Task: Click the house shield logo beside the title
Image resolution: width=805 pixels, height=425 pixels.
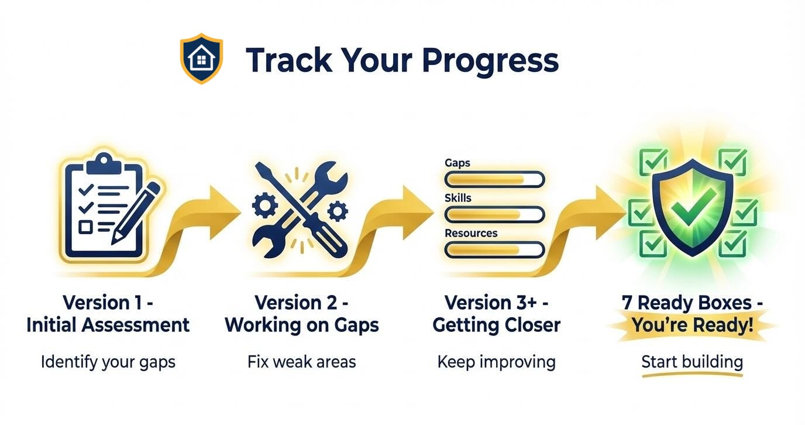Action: click(201, 59)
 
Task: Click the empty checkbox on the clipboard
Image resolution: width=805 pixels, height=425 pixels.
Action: click(85, 226)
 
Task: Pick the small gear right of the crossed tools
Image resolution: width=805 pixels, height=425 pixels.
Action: click(338, 210)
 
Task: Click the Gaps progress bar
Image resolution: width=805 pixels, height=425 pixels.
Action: click(494, 179)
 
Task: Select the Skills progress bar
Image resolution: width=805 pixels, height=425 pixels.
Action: click(494, 214)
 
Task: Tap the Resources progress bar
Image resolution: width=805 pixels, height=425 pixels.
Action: click(494, 250)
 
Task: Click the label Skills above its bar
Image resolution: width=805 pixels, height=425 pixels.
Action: click(457, 198)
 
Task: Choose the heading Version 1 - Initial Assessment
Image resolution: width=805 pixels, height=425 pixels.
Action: click(108, 314)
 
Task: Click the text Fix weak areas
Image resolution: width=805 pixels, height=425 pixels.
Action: click(301, 361)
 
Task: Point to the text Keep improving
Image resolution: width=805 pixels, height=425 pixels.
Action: click(496, 361)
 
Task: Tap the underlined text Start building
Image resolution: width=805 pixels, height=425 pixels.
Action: click(692, 361)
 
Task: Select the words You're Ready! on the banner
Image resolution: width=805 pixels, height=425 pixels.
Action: click(693, 325)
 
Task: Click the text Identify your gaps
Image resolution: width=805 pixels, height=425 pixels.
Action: click(108, 362)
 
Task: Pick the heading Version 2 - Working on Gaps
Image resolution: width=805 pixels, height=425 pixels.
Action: click(301, 314)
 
